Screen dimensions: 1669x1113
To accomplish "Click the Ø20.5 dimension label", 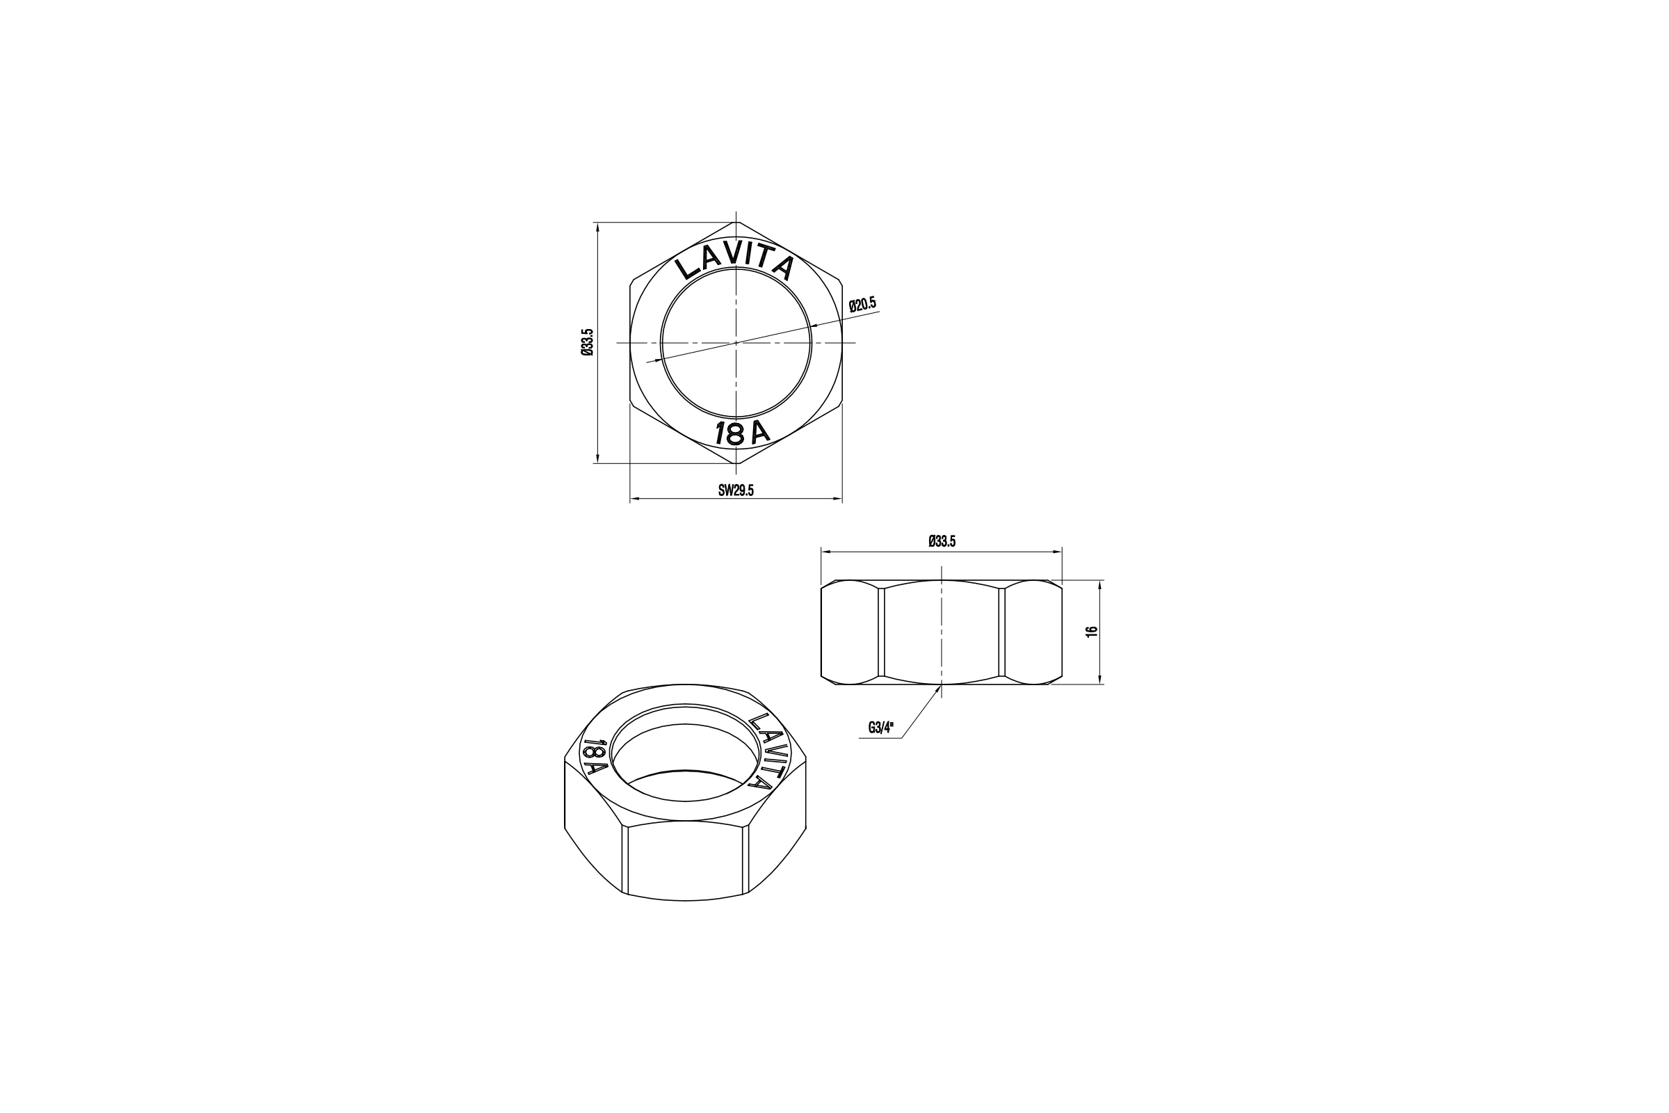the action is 863,304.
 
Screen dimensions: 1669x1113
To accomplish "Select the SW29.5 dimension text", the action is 736,490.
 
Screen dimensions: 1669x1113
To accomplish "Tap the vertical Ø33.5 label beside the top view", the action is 587,342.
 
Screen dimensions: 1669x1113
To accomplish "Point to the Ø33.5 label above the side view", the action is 942,542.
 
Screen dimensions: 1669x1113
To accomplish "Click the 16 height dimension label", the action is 1092,631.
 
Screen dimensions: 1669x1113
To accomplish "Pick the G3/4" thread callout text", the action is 881,728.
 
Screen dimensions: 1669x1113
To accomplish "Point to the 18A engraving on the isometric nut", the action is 595,756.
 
